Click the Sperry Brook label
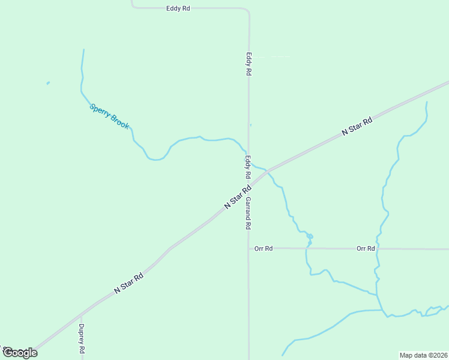coord(109,116)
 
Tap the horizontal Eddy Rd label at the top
coord(178,8)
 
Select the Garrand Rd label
coord(247,214)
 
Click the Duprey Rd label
coord(81,338)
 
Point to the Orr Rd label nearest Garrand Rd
coord(264,248)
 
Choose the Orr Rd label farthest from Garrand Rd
coord(366,248)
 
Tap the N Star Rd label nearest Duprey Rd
coord(129,283)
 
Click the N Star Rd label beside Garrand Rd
coord(237,197)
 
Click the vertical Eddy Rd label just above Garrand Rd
coord(247,167)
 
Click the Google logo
coord(19,353)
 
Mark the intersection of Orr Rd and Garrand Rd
coord(249,248)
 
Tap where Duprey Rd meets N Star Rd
coord(81,314)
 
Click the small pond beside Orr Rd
coord(310,236)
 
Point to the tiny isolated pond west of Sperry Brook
coord(48,83)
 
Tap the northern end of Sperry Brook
coord(83,50)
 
